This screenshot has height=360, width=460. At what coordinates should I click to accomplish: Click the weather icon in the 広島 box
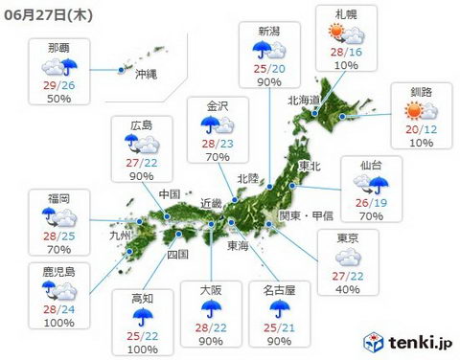click(140, 145)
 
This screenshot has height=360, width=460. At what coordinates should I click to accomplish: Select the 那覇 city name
click(58, 45)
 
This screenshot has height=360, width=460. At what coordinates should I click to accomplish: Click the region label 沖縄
click(146, 73)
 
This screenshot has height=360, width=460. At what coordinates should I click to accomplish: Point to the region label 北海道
click(306, 98)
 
